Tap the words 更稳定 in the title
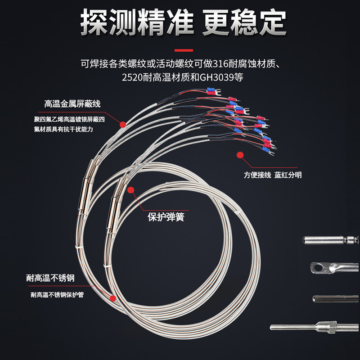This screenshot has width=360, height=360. click(244, 22)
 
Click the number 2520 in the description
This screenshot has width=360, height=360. click(131, 77)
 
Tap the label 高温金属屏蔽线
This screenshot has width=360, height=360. click(72, 104)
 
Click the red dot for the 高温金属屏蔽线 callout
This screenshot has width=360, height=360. click(122, 122)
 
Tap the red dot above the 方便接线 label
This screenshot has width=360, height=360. click(240, 155)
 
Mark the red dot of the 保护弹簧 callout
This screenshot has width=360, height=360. click(130, 190)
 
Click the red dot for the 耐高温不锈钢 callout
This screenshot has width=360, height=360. click(113, 298)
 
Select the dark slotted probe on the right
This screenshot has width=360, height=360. click(335, 298)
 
